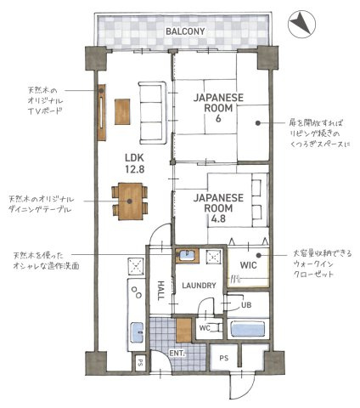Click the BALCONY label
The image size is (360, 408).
(x=184, y=31)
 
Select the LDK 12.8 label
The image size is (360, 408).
(x=135, y=162)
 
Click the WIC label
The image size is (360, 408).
(x=248, y=265)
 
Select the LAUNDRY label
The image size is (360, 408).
(x=199, y=286)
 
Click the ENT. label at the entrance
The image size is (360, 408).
(x=177, y=353)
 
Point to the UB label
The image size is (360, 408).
(x=245, y=305)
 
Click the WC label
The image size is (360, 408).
(x=205, y=328)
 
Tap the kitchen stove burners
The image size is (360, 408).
(x=134, y=267)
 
